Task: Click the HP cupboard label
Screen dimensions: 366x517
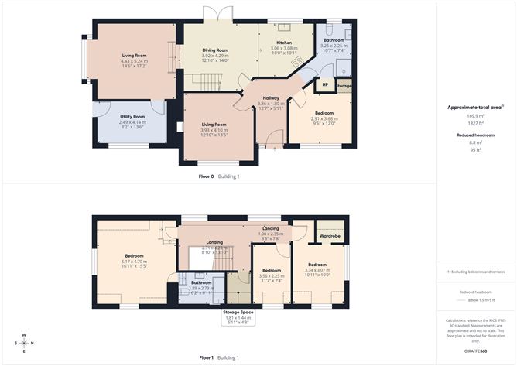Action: coord(324,84)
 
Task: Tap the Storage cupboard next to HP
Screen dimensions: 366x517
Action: coord(344,86)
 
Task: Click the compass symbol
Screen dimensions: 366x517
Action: coord(24,343)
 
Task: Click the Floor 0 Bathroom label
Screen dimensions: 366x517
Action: coord(334,40)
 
